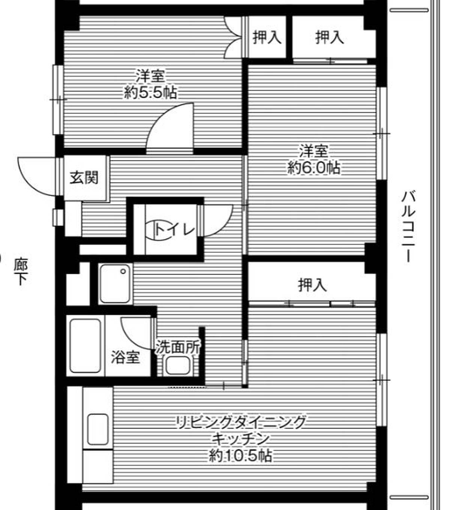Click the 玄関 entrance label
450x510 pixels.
point(84,177)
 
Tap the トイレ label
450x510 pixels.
point(175,229)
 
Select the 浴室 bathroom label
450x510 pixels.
point(125,357)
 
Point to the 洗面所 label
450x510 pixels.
point(178,347)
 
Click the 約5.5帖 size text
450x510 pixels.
point(150,92)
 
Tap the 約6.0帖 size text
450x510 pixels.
point(314,168)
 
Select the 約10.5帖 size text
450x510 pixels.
point(241,456)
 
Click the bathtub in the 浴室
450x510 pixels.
point(85,346)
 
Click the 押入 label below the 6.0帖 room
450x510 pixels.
point(312,285)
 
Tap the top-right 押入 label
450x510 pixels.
point(329,37)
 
